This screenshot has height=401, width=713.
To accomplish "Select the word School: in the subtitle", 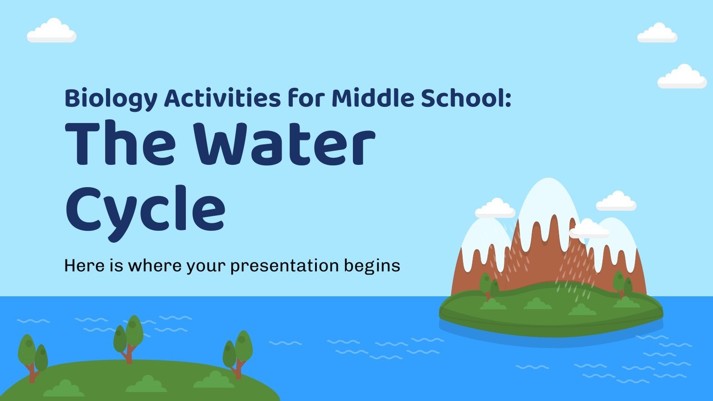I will click(x=466, y=98).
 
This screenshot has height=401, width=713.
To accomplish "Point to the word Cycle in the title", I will click(x=145, y=209).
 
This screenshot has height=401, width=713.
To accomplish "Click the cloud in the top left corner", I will click(x=51, y=31).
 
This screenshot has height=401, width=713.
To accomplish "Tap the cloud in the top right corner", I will click(x=657, y=33).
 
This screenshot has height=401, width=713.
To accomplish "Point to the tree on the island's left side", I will click(x=489, y=284).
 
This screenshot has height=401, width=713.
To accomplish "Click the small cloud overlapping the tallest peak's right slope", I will click(x=589, y=229).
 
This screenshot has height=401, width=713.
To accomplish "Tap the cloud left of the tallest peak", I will click(x=495, y=209).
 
